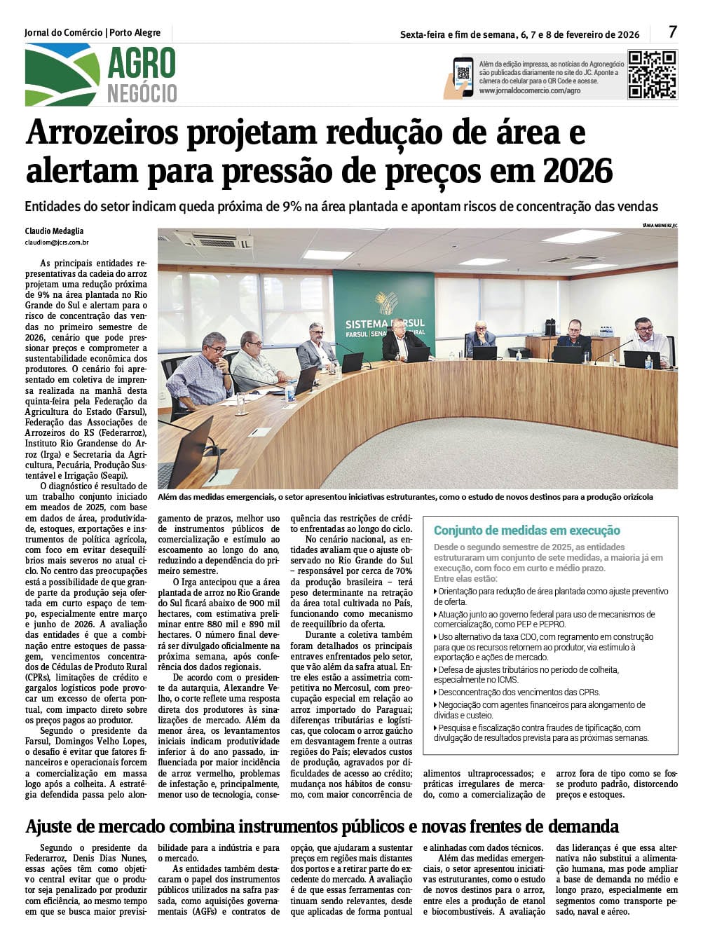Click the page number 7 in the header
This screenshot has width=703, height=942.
click(672, 32)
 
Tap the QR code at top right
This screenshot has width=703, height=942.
click(652, 74)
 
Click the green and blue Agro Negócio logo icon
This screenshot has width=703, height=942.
click(62, 74)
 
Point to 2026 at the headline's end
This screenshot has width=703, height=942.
click(578, 171)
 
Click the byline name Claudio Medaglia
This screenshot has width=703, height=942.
click(54, 231)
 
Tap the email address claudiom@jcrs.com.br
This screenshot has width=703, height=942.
click(57, 243)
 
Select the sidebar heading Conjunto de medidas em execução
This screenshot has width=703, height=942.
click(527, 531)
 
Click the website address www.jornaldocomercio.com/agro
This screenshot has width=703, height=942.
click(530, 91)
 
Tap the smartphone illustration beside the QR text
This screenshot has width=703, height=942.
click(461, 76)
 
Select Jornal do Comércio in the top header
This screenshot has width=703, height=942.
click(63, 32)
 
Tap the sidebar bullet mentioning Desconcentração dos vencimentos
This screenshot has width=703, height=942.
click(519, 692)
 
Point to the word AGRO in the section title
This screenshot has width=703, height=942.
click(142, 63)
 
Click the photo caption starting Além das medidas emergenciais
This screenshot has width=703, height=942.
click(405, 497)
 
